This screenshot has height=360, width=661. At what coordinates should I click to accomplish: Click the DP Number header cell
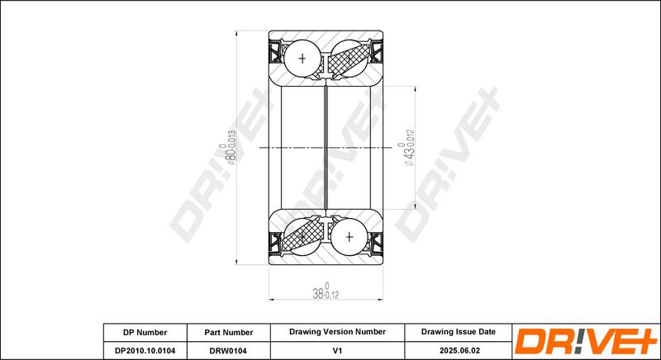(145, 332)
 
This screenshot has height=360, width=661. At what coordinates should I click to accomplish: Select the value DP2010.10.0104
(145, 350)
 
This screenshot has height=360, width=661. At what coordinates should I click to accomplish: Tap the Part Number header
(229, 332)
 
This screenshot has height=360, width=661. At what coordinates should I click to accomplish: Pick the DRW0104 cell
(229, 350)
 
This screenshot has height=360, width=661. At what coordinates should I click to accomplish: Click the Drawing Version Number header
(337, 332)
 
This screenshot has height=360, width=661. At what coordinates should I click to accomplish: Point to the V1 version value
(337, 350)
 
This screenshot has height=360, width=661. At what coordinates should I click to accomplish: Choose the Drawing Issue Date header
(459, 332)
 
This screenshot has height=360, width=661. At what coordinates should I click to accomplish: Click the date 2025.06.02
(459, 350)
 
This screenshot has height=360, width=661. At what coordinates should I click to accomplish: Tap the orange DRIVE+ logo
(586, 342)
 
